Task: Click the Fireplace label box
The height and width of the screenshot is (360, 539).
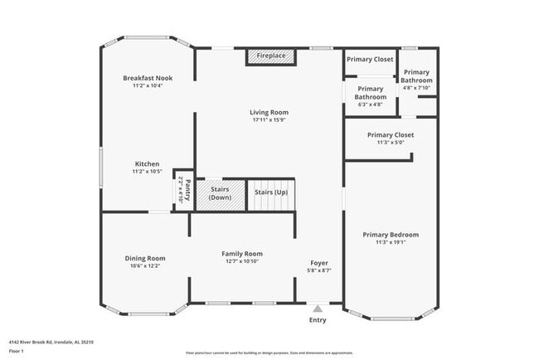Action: point(269,56)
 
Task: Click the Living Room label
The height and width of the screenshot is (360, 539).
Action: point(269,112)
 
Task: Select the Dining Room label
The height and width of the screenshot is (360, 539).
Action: point(145,258)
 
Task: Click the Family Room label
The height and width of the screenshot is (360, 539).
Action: point(241,254)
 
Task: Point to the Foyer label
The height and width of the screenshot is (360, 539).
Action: point(319,263)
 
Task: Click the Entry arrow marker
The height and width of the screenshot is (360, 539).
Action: point(318,309)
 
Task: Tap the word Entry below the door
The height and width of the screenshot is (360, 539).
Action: point(318,320)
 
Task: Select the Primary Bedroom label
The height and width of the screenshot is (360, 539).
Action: point(391,235)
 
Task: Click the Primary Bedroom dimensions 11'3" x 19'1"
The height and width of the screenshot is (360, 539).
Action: point(391,243)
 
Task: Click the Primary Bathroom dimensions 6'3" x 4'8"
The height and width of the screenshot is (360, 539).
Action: point(370,105)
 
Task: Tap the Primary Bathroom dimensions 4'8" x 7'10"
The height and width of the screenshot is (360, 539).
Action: point(416,88)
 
